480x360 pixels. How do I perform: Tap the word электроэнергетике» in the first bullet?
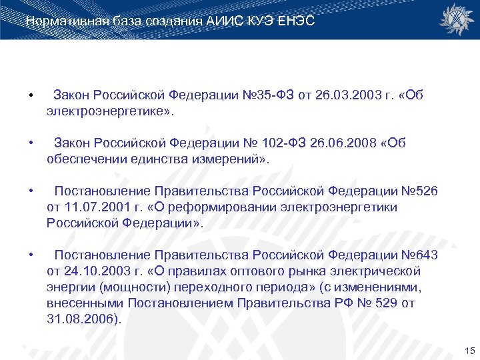coord(109,112)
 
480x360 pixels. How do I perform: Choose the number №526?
coord(417,192)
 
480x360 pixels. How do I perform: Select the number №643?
coord(417,256)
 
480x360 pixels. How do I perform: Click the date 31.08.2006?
coord(82,320)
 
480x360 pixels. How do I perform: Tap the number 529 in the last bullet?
coord(383,304)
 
